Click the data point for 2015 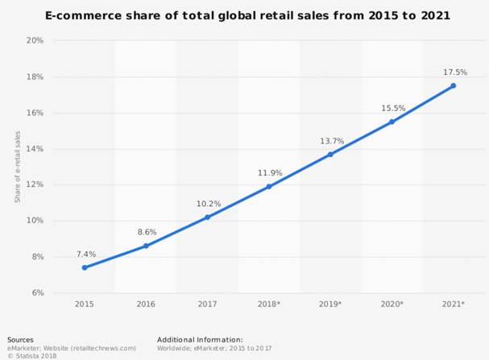(84, 267)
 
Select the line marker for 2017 (207, 217)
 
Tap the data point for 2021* (454, 85)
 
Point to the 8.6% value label (146, 232)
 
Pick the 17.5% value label (454, 72)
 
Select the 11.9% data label (269, 172)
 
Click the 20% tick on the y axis (34, 40)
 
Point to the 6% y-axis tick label (37, 292)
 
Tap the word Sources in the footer (20, 340)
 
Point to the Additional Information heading (200, 340)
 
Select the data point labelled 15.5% (392, 122)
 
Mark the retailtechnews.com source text (104, 348)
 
